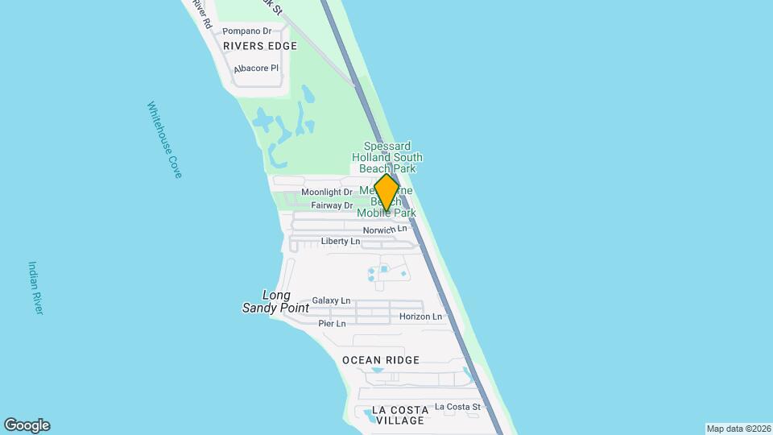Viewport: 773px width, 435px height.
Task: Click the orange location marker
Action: pyautogui.click(x=387, y=193)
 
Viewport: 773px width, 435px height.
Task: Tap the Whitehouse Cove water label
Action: pyautogui.click(x=164, y=139)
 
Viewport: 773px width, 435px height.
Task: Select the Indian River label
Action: pyautogui.click(x=35, y=288)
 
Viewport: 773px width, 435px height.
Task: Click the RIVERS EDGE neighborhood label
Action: pyautogui.click(x=260, y=46)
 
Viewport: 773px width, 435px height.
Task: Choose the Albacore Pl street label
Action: pyautogui.click(x=256, y=69)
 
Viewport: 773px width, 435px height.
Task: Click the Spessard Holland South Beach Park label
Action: pyautogui.click(x=387, y=157)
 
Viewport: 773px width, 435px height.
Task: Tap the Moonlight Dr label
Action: pyautogui.click(x=327, y=193)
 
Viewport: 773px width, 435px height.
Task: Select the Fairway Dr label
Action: pyautogui.click(x=327, y=205)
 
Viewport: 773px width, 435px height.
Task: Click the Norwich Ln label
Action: pyautogui.click(x=385, y=230)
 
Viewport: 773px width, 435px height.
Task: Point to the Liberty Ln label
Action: pyautogui.click(x=341, y=242)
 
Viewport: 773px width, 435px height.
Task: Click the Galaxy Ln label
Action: pyautogui.click(x=331, y=300)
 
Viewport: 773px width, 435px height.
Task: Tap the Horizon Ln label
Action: pyautogui.click(x=420, y=317)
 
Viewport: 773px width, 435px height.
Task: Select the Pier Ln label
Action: pyautogui.click(x=332, y=324)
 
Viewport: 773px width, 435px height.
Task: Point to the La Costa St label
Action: pyautogui.click(x=457, y=408)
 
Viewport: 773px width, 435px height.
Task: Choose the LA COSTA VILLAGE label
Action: pyautogui.click(x=400, y=415)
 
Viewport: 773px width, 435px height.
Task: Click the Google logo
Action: pyautogui.click(x=27, y=425)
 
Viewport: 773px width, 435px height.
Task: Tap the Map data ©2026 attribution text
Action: pyautogui.click(x=738, y=429)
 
